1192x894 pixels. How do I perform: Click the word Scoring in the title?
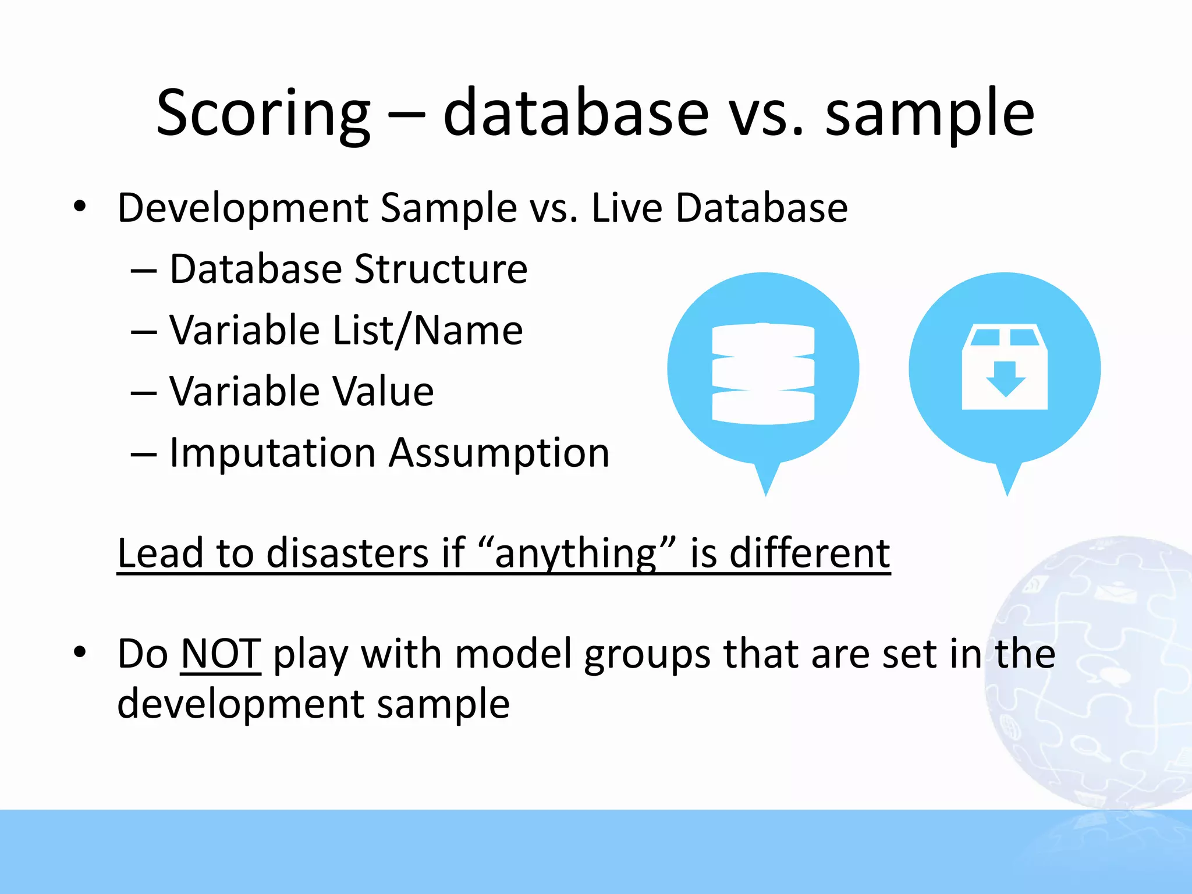point(263,113)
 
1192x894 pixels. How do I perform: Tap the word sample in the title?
point(930,113)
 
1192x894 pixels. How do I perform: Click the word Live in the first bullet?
point(626,208)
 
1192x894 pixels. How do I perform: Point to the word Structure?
point(441,269)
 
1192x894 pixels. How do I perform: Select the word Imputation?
point(272,453)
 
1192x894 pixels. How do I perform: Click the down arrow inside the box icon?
point(1005,379)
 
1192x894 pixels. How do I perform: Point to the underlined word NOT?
point(221,654)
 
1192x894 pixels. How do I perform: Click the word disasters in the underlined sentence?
point(347,553)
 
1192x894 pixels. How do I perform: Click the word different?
point(810,553)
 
